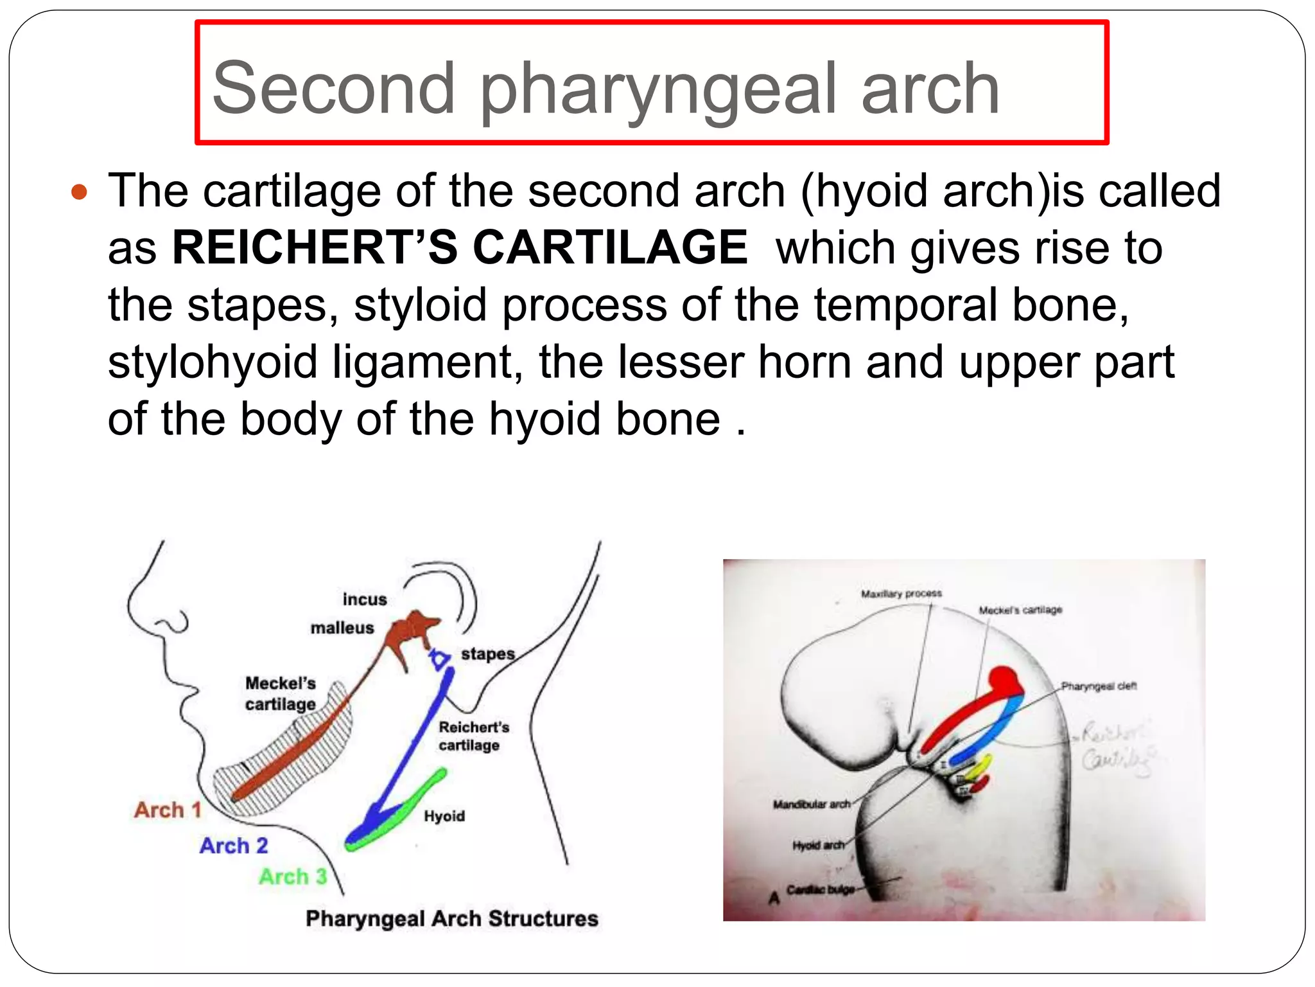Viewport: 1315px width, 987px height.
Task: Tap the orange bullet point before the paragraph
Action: pos(79,192)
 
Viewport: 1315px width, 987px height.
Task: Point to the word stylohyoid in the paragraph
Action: pos(213,362)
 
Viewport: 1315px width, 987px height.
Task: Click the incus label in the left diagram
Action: pos(365,600)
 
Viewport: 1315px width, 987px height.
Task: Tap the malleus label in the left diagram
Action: pos(342,628)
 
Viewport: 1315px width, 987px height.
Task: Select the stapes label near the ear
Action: pos(488,654)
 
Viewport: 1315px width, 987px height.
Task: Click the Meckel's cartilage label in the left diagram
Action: pos(281,693)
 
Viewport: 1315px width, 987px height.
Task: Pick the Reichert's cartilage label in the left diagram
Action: pos(474,736)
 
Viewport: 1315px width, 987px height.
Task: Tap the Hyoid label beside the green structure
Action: pos(444,816)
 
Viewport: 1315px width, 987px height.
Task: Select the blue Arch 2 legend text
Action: pos(234,846)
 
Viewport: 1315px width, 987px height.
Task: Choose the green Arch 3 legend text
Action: pos(293,876)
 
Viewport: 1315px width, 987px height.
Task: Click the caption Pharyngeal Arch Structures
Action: pos(452,919)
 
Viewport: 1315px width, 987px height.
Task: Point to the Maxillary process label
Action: pos(901,594)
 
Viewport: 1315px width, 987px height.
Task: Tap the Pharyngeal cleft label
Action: pos(1099,686)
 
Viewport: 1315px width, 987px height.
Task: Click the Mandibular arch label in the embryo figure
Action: pos(812,805)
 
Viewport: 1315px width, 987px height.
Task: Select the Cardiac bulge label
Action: pos(821,890)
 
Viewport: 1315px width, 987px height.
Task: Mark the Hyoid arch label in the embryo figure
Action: pos(818,845)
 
